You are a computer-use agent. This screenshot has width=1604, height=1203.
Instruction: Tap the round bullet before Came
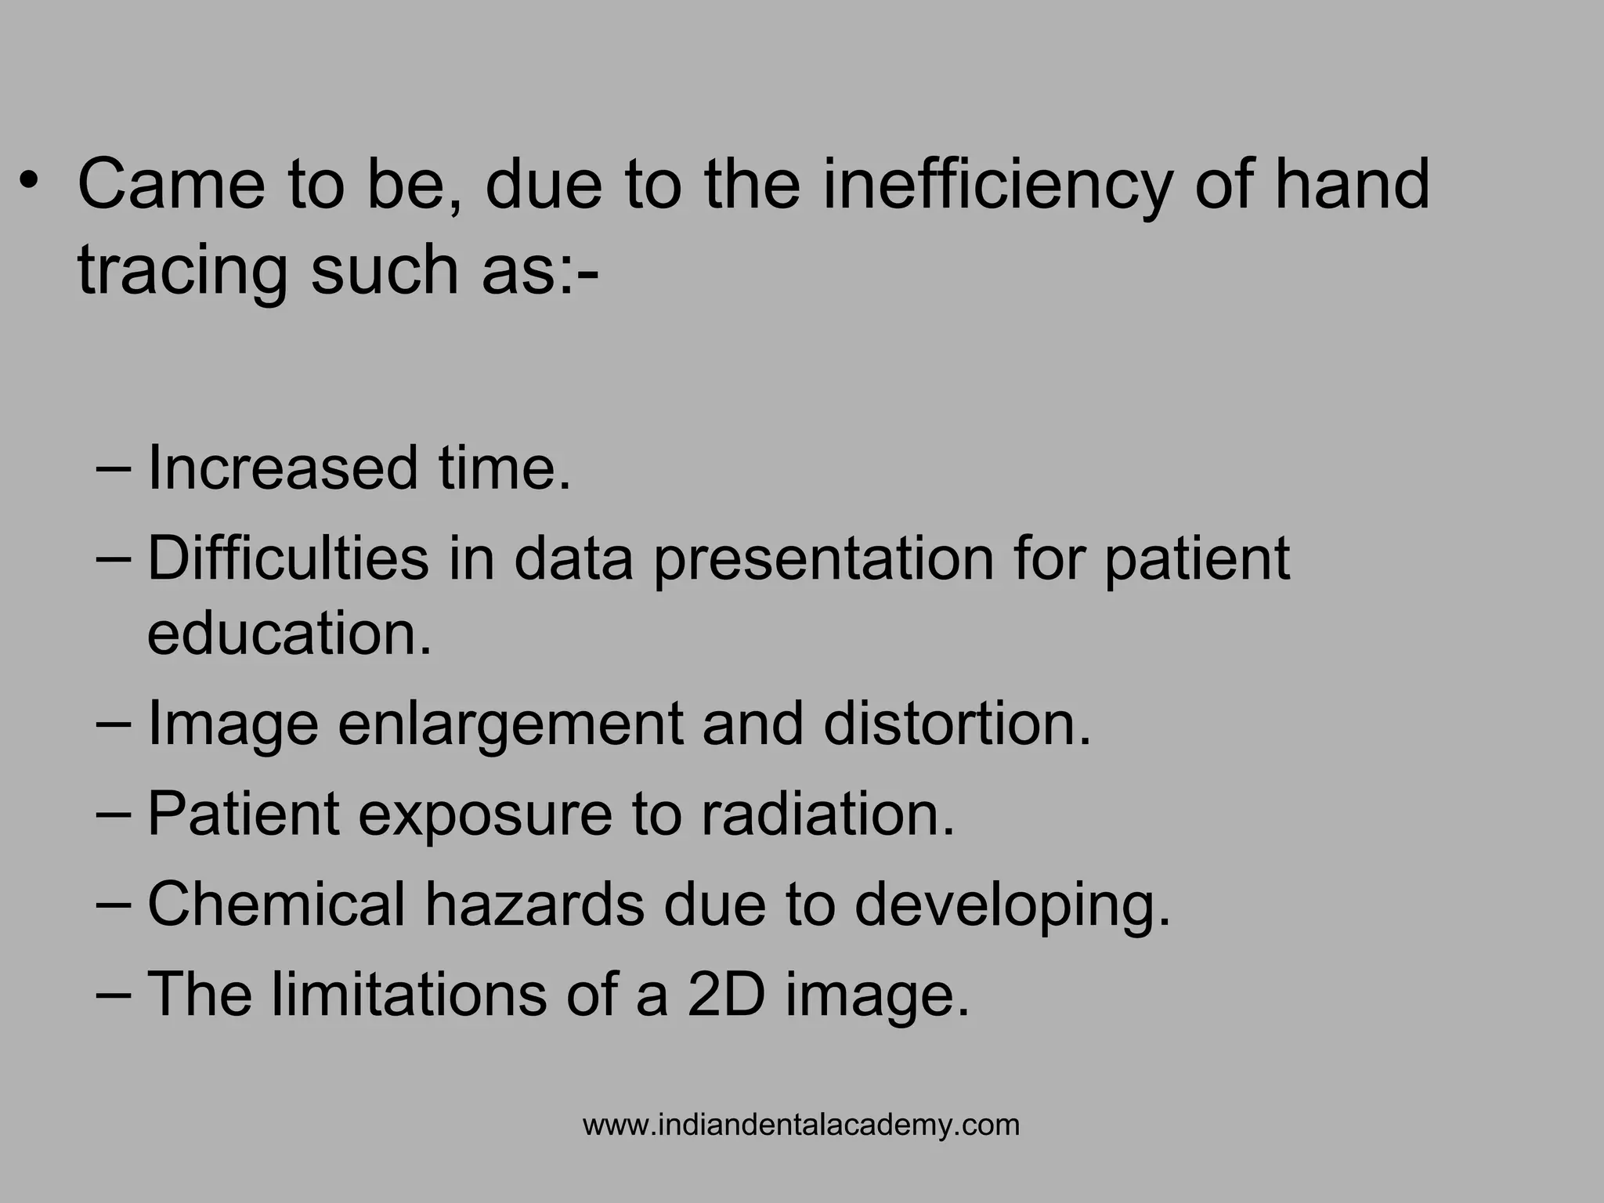(29, 182)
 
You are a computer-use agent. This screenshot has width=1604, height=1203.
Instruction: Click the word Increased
(283, 468)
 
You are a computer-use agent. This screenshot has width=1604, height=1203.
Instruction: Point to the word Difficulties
(288, 558)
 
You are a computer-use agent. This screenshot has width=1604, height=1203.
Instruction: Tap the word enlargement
(511, 724)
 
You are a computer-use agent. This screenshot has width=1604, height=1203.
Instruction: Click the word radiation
(828, 814)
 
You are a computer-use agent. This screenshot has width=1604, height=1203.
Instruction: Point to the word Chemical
(276, 905)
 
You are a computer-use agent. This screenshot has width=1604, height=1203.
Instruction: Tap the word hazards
(536, 905)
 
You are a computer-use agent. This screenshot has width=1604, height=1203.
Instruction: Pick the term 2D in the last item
(725, 995)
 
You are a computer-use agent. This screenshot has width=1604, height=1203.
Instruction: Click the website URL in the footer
(801, 1125)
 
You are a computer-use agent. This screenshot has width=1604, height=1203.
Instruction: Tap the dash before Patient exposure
(115, 815)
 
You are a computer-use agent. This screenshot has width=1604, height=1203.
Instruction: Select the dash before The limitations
(115, 995)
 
